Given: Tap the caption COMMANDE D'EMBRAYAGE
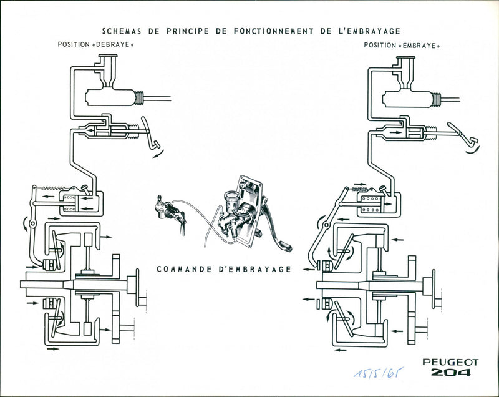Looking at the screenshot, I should point(224,269).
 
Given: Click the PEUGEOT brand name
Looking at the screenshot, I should point(450,362).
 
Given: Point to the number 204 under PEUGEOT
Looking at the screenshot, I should point(450,373).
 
